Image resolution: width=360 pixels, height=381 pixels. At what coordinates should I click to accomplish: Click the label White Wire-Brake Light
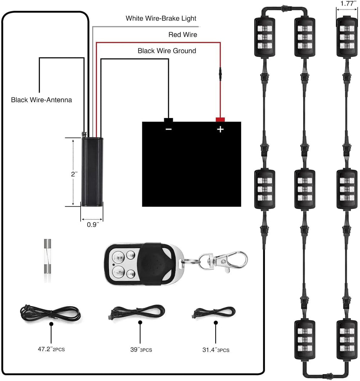[161, 18]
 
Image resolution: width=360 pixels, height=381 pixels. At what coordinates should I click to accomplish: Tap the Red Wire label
[183, 35]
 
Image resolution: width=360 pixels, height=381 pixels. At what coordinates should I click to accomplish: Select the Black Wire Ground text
[167, 51]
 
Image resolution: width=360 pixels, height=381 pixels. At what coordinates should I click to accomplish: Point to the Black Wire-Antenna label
[41, 100]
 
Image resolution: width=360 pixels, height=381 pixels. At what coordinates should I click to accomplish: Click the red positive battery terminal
[220, 119]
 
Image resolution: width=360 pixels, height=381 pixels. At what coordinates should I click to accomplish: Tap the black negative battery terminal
[168, 119]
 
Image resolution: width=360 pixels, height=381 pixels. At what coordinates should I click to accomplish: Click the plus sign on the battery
[220, 129]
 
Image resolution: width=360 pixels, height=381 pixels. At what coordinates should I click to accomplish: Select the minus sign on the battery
[168, 129]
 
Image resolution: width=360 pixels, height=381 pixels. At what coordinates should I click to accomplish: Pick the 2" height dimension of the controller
[74, 174]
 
